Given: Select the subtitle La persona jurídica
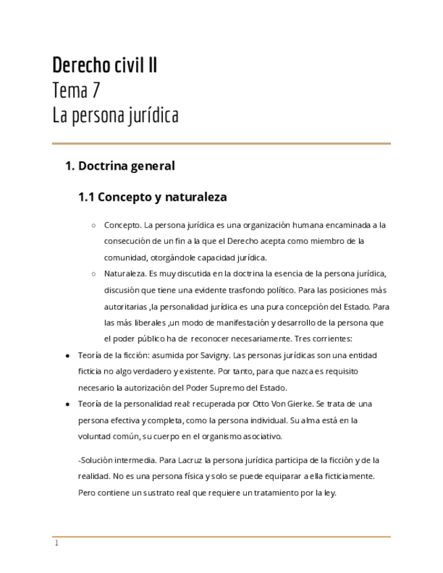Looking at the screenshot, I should click(115, 116).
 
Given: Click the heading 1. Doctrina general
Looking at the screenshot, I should click(120, 166).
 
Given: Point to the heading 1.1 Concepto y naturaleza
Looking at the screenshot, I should click(153, 197).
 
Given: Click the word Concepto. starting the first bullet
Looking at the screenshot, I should click(122, 225).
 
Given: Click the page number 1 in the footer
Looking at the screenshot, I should click(57, 543).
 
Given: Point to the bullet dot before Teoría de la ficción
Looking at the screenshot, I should click(67, 355).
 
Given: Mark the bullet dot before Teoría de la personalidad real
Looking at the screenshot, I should click(67, 404).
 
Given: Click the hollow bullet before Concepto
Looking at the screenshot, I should click(93, 226).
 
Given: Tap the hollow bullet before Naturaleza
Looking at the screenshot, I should click(93, 274).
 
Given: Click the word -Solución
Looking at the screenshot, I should click(96, 460).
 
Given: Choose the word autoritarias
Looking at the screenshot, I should click(126, 306).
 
